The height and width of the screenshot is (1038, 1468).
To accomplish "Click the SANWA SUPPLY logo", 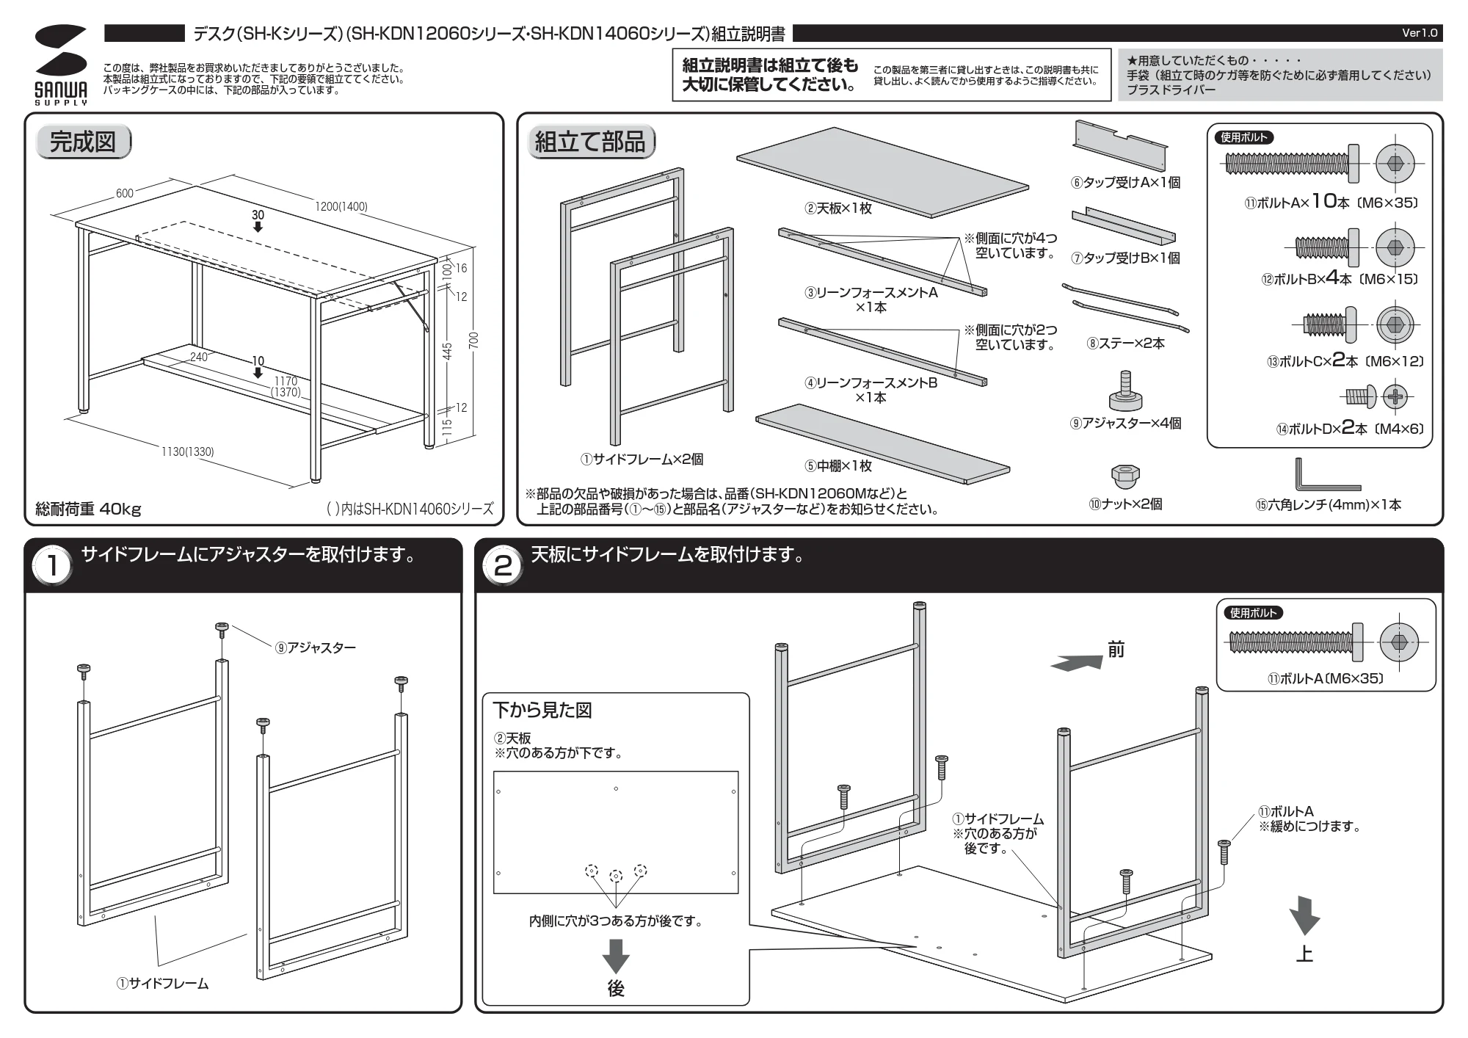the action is [x=61, y=65].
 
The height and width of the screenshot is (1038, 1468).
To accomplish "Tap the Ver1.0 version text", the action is [x=1420, y=33].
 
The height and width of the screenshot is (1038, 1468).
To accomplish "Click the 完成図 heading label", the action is [x=83, y=142].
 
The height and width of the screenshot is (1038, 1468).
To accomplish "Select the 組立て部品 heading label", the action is [x=590, y=142].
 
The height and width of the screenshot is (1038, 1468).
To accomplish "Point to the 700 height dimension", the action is [x=473, y=340].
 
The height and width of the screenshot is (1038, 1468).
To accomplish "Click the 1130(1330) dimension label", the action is [x=188, y=451].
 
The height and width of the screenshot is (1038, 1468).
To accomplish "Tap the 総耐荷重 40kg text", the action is [x=88, y=509].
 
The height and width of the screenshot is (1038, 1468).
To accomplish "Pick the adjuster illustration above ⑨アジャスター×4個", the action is [x=1125, y=391].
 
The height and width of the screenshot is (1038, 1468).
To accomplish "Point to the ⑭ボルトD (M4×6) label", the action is [x=1349, y=429].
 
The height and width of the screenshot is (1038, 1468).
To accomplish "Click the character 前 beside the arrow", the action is [x=1116, y=650].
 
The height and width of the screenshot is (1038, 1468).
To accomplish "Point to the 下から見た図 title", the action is [x=542, y=711].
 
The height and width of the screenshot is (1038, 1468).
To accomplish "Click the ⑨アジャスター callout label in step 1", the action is [x=316, y=647].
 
